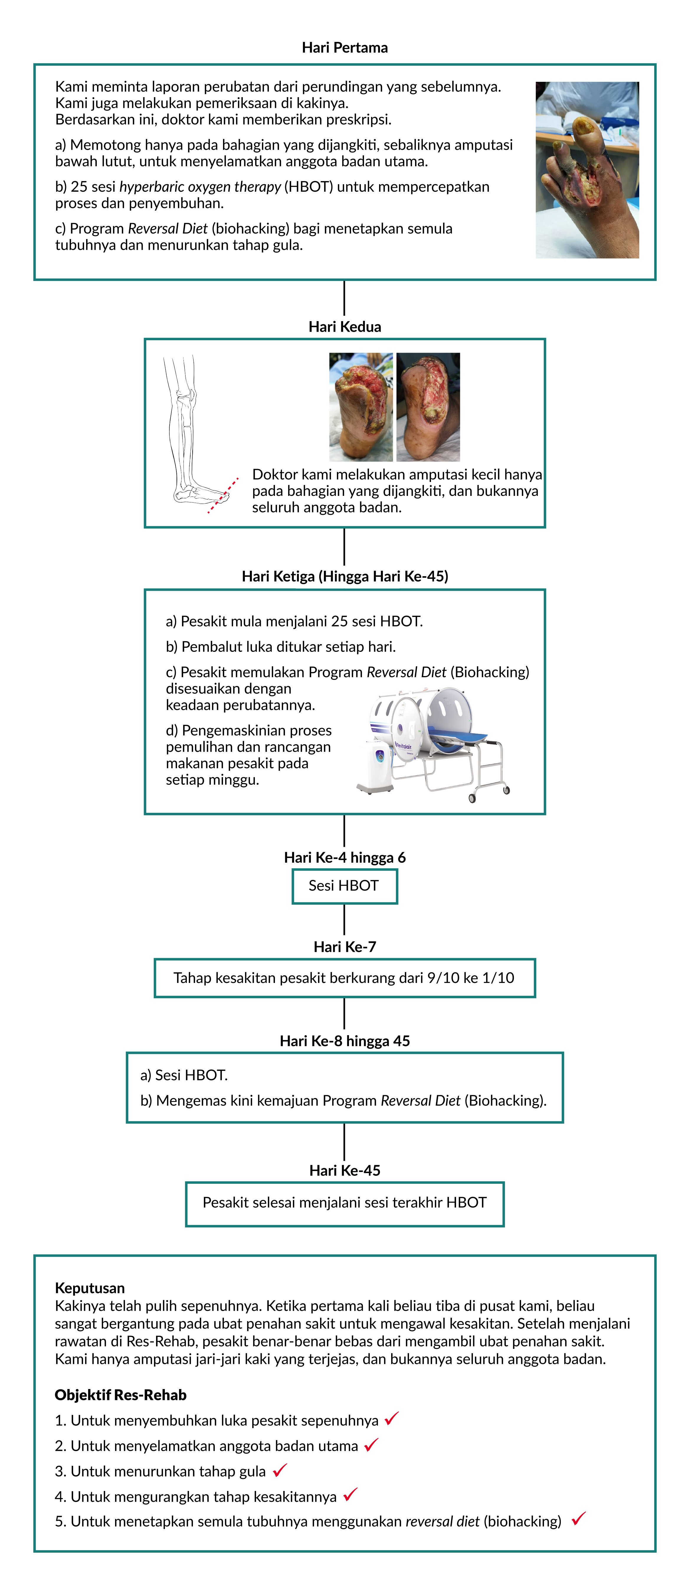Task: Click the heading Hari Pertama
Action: click(344, 48)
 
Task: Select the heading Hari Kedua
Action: click(344, 327)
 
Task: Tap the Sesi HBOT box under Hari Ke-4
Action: click(344, 886)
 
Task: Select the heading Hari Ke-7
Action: click(344, 947)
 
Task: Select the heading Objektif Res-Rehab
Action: click(121, 1395)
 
